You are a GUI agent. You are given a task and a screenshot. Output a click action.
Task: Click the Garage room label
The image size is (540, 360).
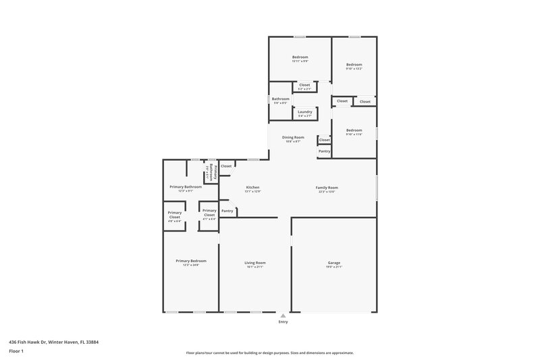point(334,262)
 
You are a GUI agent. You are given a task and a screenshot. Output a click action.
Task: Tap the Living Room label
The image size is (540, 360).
point(254,262)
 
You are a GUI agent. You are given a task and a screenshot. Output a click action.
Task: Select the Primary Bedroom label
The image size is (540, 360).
point(190,261)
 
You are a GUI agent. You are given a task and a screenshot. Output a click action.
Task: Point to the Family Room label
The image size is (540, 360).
point(327,187)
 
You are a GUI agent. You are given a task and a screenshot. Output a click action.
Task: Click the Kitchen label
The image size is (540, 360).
point(252,187)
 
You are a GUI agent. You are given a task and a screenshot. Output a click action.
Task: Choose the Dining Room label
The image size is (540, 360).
point(293,137)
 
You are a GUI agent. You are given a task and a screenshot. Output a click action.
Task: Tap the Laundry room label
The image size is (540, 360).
point(304,111)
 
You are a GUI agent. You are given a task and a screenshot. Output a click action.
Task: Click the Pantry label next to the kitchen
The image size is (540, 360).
point(227,211)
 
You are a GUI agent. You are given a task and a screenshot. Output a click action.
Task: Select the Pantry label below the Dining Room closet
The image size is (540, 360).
point(324,151)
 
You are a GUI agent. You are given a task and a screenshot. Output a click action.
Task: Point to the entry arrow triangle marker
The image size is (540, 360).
point(283,315)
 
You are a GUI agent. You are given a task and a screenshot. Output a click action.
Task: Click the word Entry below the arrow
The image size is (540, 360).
point(283,322)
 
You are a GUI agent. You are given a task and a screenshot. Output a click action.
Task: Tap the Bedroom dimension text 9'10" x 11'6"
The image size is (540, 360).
point(354,134)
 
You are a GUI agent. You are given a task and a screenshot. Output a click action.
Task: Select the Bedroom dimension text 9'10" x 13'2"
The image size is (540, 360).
point(354,68)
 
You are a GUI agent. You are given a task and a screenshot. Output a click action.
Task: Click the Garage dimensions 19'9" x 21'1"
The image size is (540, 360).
point(334,267)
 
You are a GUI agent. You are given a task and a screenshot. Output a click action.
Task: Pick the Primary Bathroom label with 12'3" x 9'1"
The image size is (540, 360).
point(186,186)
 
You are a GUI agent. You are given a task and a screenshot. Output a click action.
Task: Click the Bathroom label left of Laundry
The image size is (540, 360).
point(280,99)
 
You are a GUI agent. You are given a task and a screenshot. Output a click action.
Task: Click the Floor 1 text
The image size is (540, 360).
point(16,352)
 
